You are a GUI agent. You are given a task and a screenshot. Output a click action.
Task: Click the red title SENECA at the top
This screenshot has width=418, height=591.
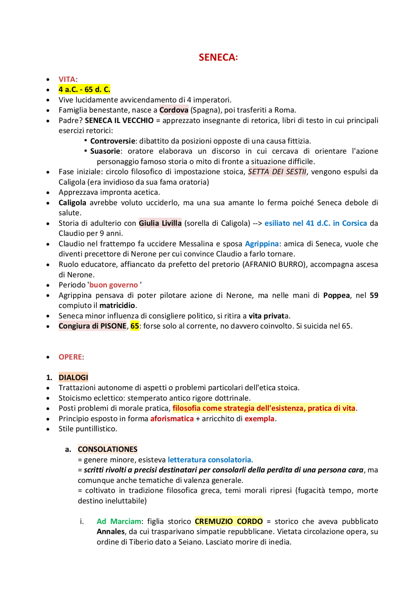click(x=218, y=57)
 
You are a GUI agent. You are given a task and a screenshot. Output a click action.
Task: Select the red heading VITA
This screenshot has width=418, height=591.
click(x=67, y=79)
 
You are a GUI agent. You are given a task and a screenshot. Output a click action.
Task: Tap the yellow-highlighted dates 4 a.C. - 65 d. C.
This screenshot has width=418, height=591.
click(x=84, y=89)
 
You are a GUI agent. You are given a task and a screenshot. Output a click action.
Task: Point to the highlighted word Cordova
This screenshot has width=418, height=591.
click(x=174, y=110)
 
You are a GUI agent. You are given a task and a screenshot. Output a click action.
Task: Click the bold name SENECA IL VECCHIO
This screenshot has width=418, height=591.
click(x=119, y=120)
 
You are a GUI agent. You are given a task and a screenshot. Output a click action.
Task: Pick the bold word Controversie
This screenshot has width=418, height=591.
click(x=113, y=141)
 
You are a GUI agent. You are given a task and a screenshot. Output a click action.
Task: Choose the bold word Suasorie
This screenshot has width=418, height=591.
click(x=105, y=151)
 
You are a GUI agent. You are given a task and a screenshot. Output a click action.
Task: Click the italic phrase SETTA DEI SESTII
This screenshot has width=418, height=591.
click(x=277, y=172)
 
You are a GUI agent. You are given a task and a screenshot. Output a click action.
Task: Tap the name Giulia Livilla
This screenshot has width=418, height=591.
click(x=160, y=223)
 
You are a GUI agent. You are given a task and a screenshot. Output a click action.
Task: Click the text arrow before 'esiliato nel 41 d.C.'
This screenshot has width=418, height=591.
click(x=257, y=223)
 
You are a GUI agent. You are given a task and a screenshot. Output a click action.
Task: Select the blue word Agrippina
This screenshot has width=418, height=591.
click(x=262, y=244)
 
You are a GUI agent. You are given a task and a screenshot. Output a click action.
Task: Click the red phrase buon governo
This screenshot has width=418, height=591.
click(x=114, y=285)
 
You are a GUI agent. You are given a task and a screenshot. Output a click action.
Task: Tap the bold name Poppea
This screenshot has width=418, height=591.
click(x=337, y=295)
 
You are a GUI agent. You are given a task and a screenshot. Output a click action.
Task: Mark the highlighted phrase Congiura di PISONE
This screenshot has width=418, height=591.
click(x=92, y=326)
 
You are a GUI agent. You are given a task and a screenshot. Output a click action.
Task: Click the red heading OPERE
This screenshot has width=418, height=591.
click(x=70, y=357)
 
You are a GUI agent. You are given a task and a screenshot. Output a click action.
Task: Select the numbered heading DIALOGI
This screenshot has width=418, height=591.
click(x=73, y=378)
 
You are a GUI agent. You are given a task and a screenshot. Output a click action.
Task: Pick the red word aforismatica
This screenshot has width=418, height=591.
click(x=172, y=419)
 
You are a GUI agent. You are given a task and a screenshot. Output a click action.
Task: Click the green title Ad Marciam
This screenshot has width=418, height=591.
click(x=119, y=521)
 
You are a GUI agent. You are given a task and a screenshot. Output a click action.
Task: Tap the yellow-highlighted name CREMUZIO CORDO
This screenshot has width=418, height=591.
click(x=229, y=521)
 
